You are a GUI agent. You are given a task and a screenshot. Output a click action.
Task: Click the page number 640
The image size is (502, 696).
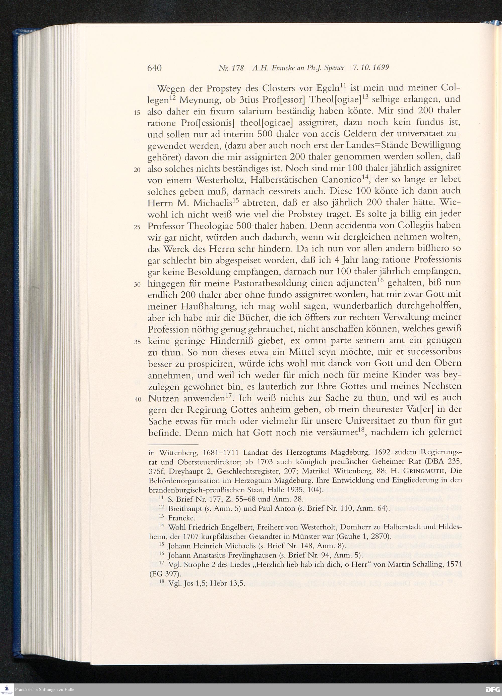click(154, 68)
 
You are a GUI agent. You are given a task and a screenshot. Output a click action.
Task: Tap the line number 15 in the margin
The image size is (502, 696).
click(137, 113)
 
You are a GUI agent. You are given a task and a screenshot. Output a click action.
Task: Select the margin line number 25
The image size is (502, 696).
click(137, 227)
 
